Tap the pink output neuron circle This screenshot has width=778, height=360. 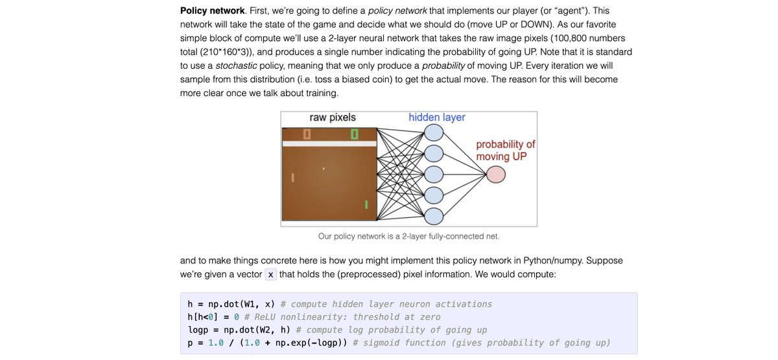pyautogui.click(x=496, y=174)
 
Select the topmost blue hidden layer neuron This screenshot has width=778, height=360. pyautogui.click(x=434, y=132)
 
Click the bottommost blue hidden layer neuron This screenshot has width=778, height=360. pyautogui.click(x=434, y=216)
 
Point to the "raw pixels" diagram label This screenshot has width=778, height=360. pyautogui.click(x=333, y=118)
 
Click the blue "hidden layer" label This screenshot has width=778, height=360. pyautogui.click(x=436, y=117)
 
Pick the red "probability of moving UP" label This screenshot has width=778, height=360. pyautogui.click(x=505, y=150)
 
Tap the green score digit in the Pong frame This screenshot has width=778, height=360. pyautogui.click(x=355, y=134)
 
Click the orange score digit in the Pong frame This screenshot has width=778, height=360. pyautogui.click(x=307, y=134)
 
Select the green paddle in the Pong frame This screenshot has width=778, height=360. pyautogui.click(x=366, y=205)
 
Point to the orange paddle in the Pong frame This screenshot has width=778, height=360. pyautogui.click(x=292, y=176)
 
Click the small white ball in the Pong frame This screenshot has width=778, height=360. pyautogui.click(x=324, y=170)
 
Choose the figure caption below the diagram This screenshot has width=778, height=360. pyautogui.click(x=408, y=237)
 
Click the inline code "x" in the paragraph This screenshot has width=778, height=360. pyautogui.click(x=271, y=274)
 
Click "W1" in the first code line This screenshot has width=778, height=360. pyautogui.click(x=245, y=304)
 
